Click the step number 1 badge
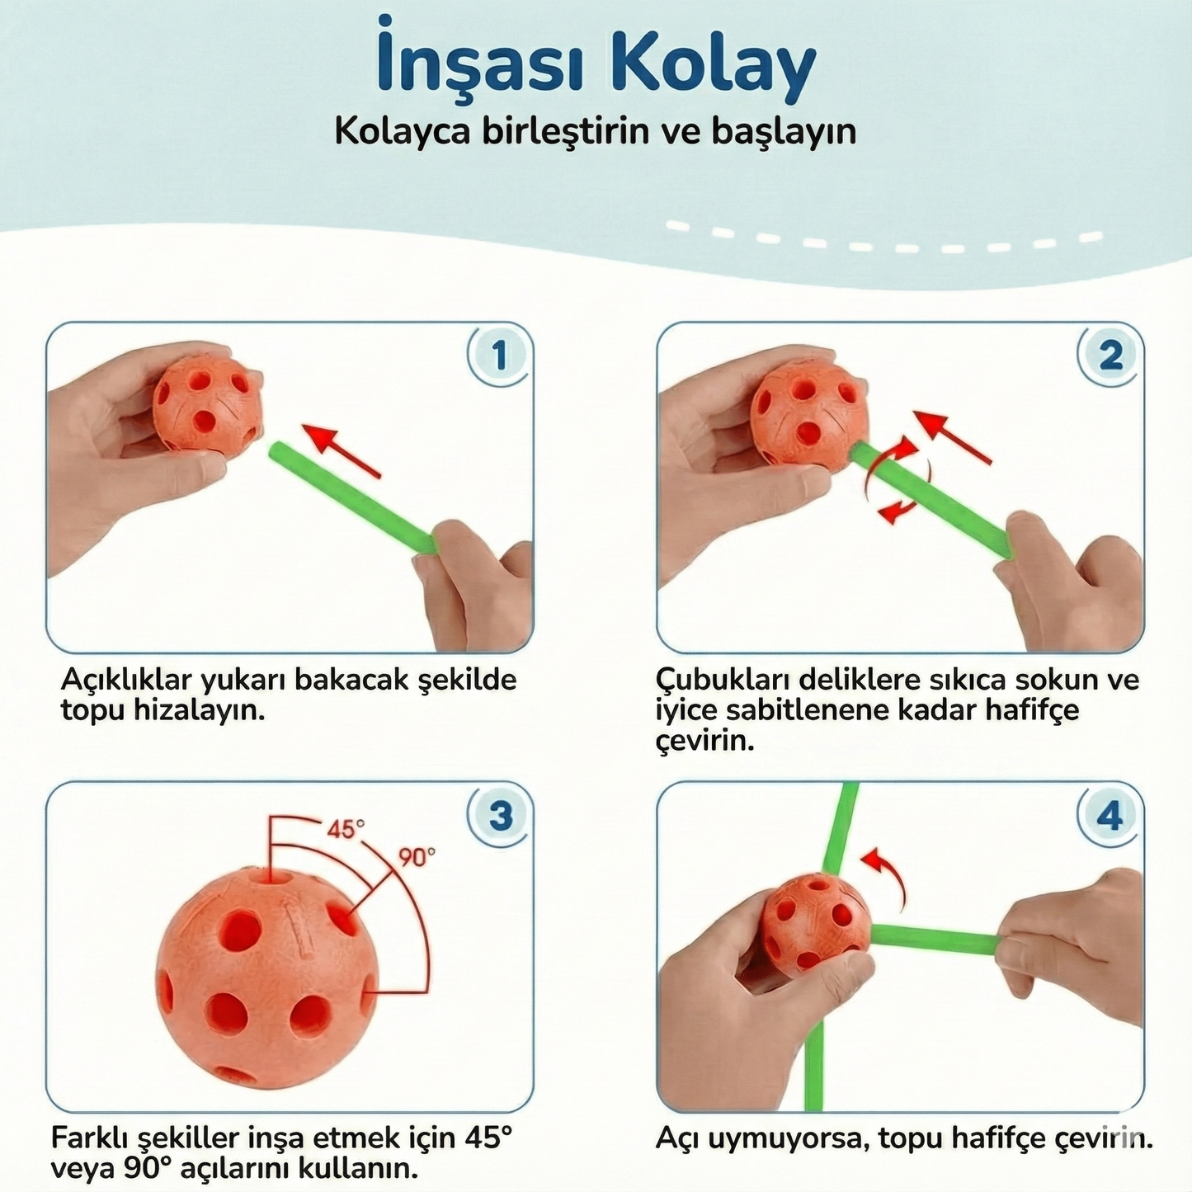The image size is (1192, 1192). click(x=498, y=356)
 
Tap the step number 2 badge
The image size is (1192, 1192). click(x=1110, y=356)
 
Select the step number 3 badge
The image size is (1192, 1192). click(x=500, y=815)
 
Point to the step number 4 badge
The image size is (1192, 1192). click(x=1110, y=815)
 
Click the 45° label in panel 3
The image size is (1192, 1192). click(x=346, y=828)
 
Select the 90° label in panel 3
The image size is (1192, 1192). click(x=417, y=858)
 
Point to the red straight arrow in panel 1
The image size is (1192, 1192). click(x=342, y=450)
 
